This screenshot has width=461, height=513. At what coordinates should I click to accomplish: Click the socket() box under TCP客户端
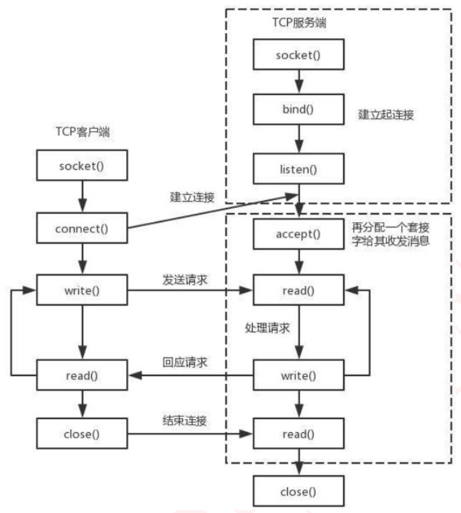tap(81, 166)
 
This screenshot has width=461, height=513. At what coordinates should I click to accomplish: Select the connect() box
tap(81, 227)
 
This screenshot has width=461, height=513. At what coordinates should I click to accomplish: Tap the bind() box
tap(299, 109)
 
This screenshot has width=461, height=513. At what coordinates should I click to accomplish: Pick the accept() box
tap(299, 233)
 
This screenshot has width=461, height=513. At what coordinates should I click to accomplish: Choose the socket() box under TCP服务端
tap(299, 53)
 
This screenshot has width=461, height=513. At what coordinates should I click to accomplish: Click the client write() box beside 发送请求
tap(81, 289)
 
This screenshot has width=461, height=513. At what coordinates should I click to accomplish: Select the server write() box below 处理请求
tap(299, 376)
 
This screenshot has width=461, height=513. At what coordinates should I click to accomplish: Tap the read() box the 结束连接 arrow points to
tap(299, 432)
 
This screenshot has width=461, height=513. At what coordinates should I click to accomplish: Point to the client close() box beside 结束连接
tap(81, 432)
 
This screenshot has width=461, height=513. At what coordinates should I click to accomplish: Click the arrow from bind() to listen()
tap(299, 139)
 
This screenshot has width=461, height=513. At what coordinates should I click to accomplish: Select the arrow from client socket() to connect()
tap(81, 197)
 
